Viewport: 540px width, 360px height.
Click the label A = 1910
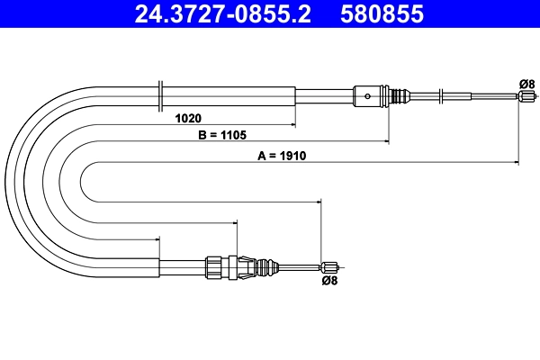[283, 155]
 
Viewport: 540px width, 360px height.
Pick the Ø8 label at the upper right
[526, 84]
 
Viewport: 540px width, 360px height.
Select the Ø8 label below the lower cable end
[329, 280]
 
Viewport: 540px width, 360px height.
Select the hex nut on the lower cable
[214, 265]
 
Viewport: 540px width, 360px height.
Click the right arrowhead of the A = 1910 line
[517, 163]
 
